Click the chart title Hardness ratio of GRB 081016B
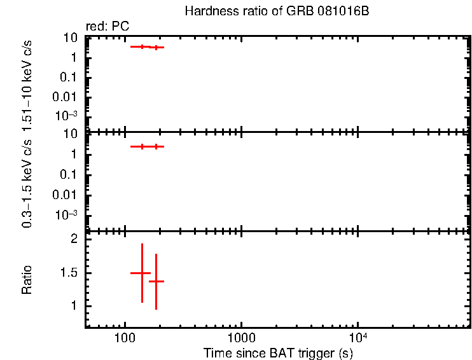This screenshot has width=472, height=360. (276, 12)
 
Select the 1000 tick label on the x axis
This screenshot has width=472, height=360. (241, 337)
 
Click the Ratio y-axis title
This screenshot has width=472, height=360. (27, 279)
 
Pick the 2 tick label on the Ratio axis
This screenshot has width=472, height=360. (74, 240)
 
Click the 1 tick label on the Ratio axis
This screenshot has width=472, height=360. (74, 306)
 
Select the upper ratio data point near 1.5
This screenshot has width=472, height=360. (141, 273)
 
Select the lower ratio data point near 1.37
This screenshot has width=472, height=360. (156, 281)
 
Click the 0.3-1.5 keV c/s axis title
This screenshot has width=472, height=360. (27, 185)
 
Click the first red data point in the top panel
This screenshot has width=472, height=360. (142, 46)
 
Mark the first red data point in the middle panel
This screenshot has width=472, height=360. (142, 146)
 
